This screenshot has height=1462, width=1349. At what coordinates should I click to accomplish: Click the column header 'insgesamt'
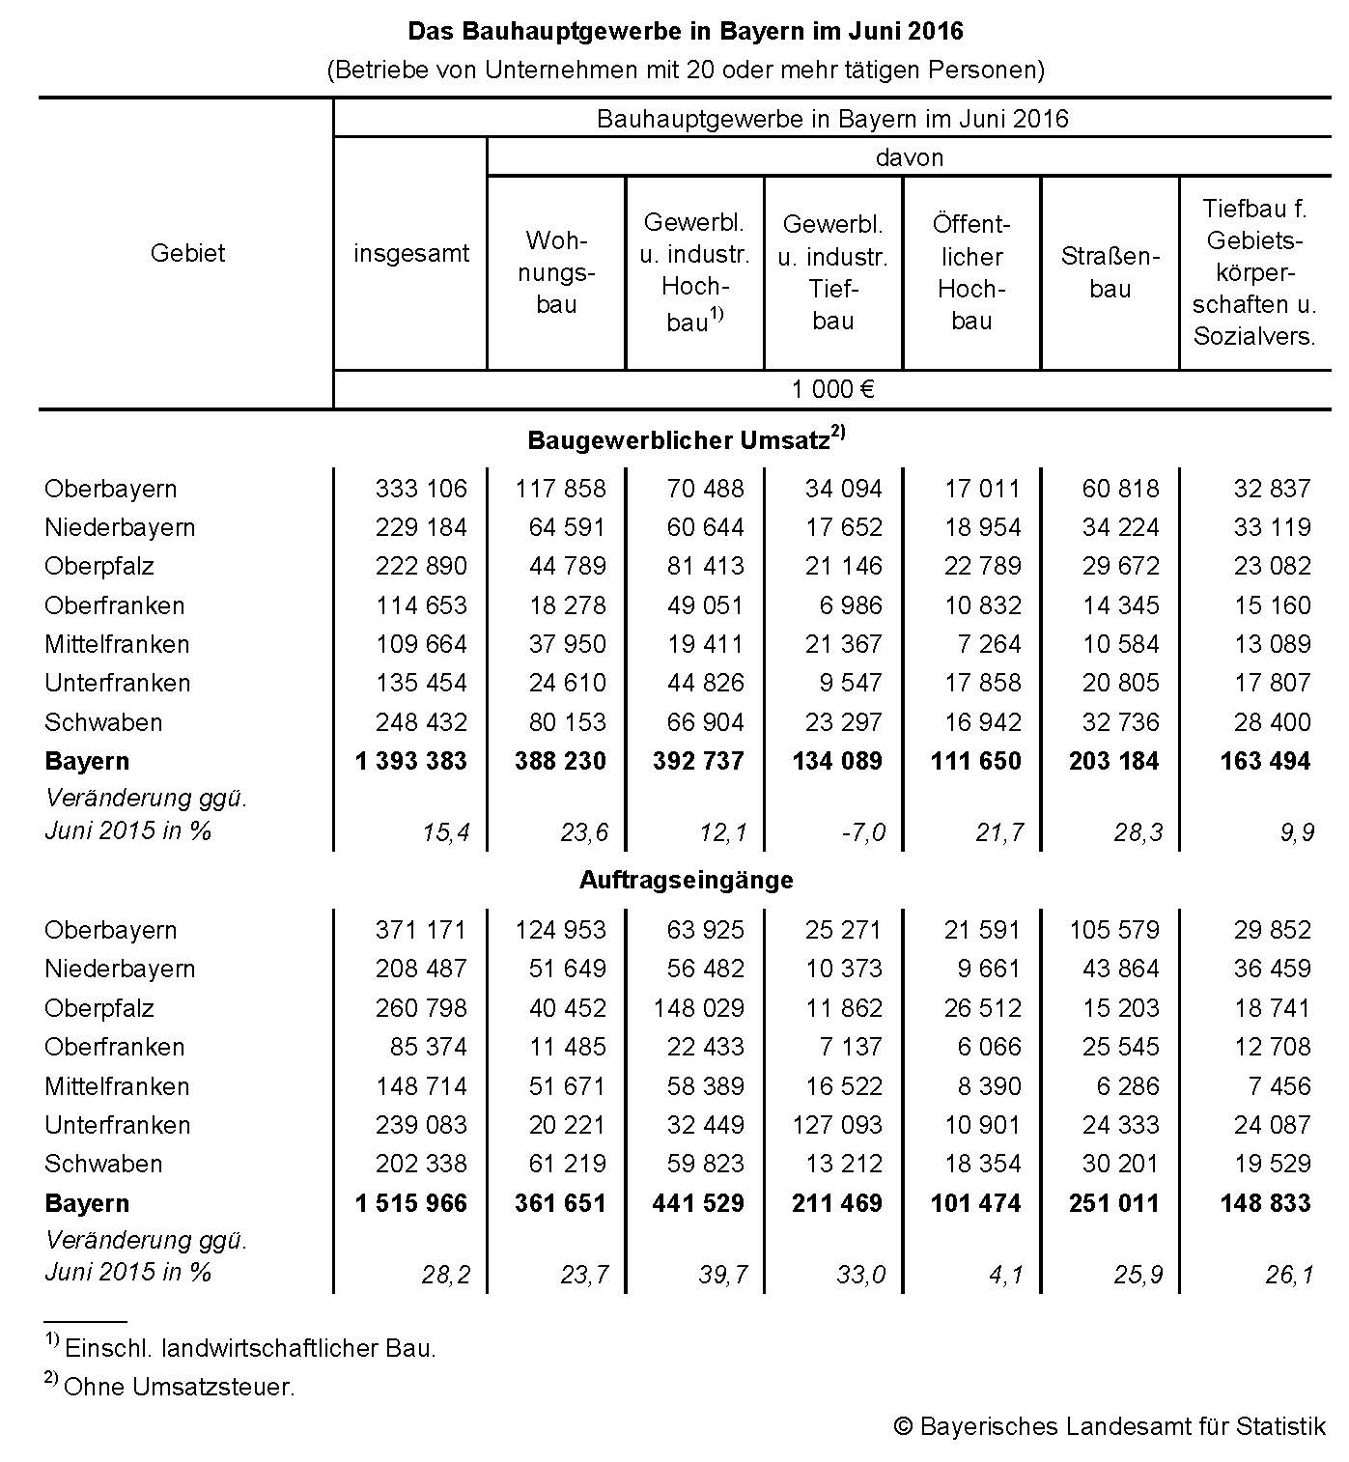click(410, 254)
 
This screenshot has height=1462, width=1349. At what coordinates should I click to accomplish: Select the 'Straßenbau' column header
click(1110, 272)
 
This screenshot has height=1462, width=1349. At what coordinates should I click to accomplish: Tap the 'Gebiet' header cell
click(187, 254)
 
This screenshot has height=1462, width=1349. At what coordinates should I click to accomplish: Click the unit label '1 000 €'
click(832, 390)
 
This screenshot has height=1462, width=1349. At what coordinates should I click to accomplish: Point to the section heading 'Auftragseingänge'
click(687, 880)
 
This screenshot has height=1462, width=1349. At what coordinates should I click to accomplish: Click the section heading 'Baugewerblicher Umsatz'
click(679, 440)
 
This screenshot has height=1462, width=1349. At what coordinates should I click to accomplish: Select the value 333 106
click(421, 489)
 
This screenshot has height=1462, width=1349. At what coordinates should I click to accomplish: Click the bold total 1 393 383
click(410, 761)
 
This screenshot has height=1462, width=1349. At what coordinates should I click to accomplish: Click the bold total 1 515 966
click(410, 1203)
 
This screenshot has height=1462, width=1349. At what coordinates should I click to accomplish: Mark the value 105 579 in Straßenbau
click(1113, 930)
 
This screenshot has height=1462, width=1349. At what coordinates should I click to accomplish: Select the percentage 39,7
click(723, 1275)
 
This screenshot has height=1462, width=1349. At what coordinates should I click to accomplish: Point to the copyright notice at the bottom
click(1110, 1426)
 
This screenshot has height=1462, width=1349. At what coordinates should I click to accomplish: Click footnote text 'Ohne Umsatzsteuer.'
click(179, 1388)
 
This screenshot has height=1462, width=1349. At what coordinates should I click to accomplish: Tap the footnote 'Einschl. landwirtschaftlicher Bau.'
click(250, 1348)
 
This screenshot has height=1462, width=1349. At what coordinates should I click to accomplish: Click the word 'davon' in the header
click(909, 157)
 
